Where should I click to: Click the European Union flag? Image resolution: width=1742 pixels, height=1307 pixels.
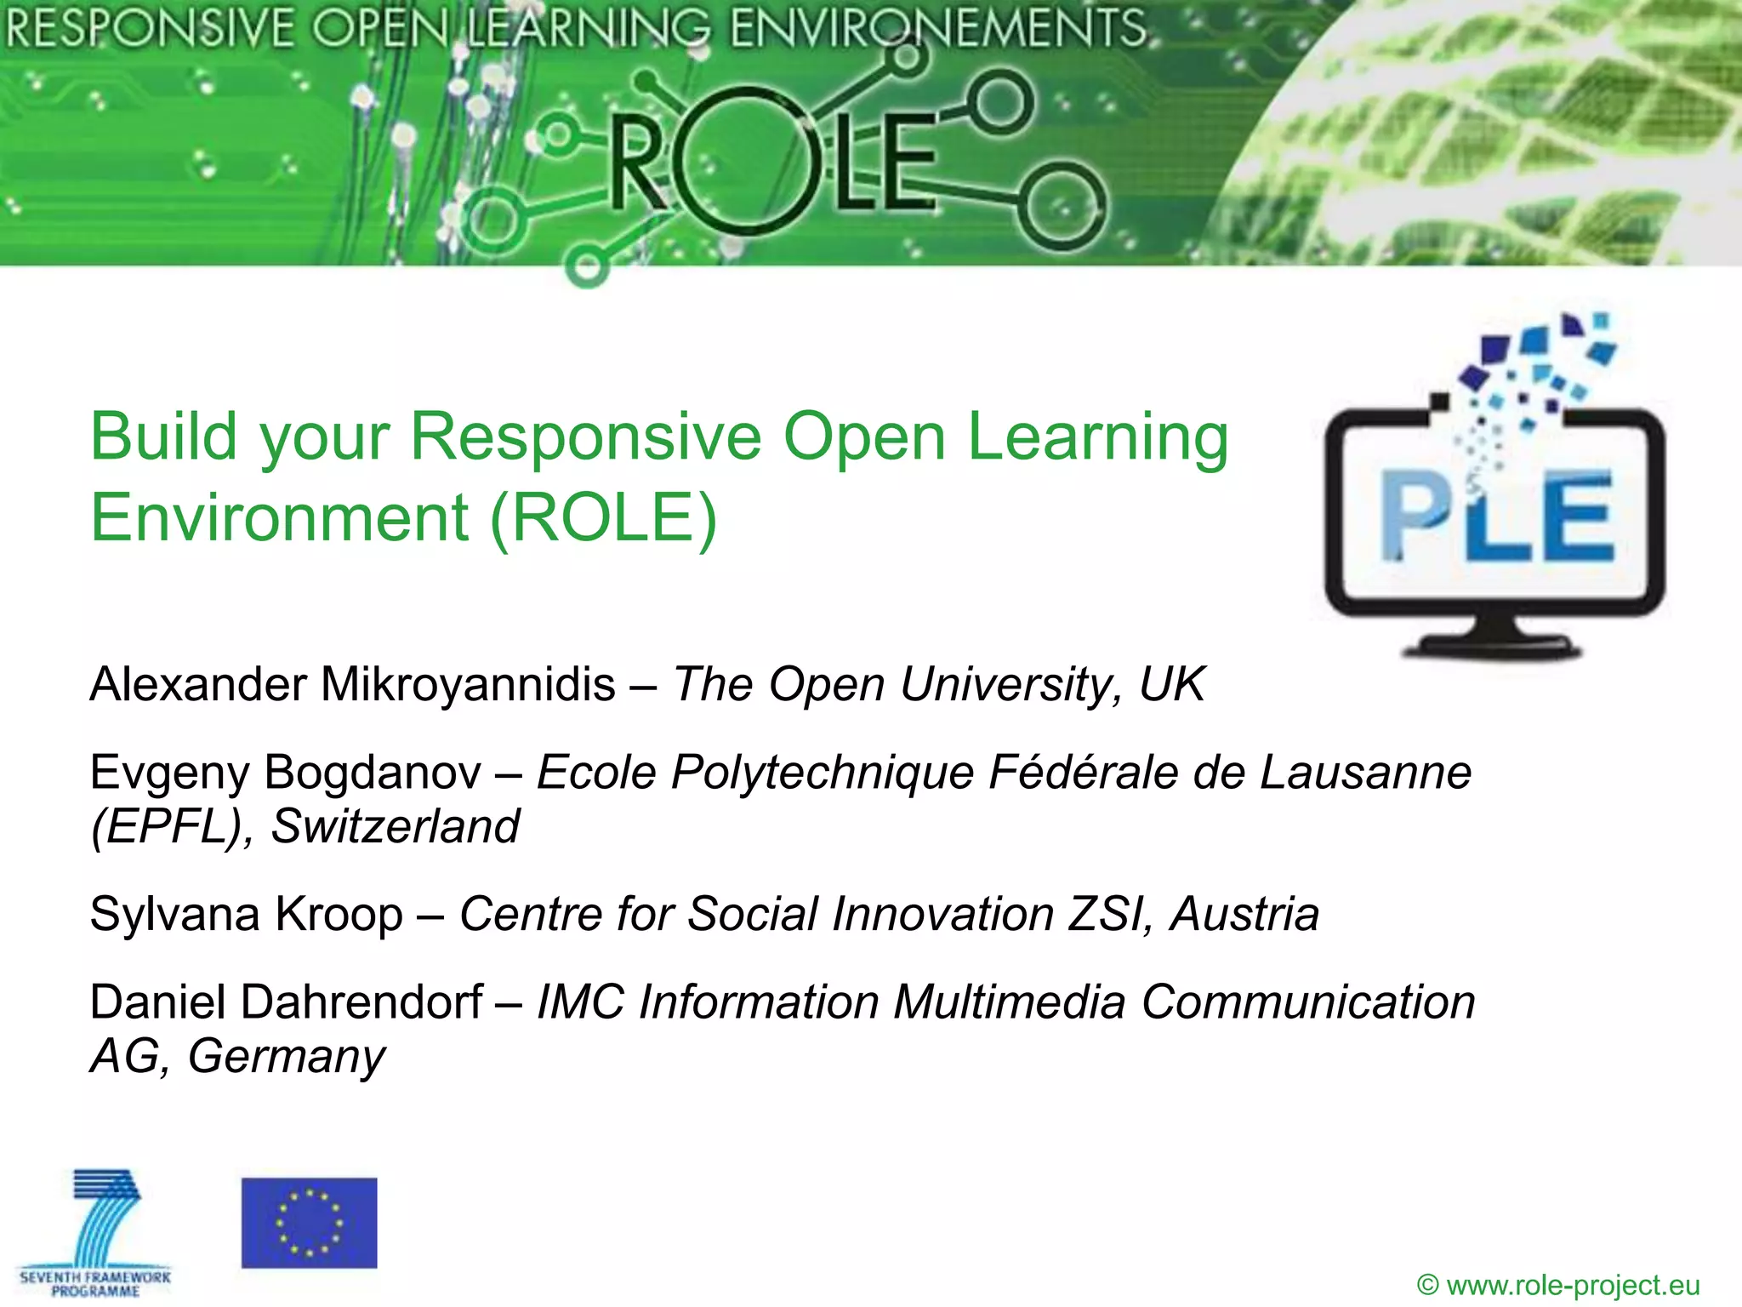click(309, 1223)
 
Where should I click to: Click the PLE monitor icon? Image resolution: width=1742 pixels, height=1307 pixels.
click(1494, 511)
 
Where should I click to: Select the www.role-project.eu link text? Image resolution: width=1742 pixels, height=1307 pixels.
click(1573, 1285)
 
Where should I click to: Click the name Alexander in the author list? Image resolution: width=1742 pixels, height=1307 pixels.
click(198, 684)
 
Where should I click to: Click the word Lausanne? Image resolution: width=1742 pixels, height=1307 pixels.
click(1365, 773)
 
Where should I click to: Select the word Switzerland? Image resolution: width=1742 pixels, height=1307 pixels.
click(395, 826)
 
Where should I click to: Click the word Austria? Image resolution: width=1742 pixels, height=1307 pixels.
click(1244, 915)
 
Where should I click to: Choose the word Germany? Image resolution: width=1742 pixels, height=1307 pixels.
click(287, 1057)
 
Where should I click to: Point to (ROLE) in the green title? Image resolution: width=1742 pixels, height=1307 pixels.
click(604, 517)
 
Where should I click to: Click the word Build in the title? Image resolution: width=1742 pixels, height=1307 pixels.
click(163, 437)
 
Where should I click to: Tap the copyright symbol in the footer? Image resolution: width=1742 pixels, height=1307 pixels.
click(1428, 1285)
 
